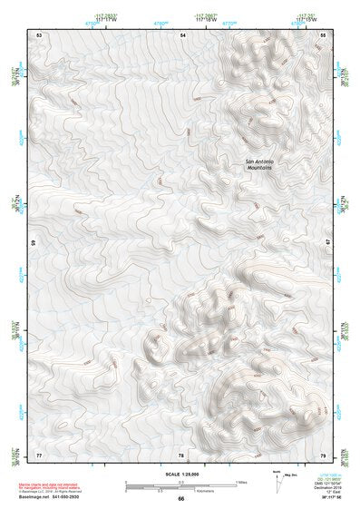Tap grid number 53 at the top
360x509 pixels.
pos(39,34)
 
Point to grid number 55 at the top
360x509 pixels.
pos(324,34)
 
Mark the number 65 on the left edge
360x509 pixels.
pos(34,243)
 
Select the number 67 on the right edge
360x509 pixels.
pos(328,243)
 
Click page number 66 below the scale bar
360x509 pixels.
pos(180,500)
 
